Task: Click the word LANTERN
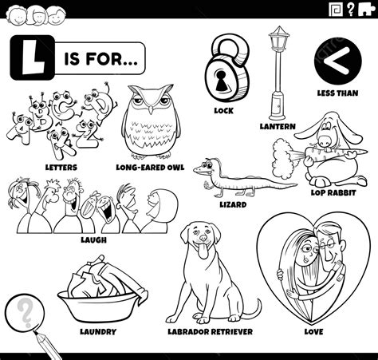point(278,126)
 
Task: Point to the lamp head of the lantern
point(278,40)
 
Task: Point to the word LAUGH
point(93,239)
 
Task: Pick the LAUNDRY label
point(98,330)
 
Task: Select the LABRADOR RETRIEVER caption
point(210,330)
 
